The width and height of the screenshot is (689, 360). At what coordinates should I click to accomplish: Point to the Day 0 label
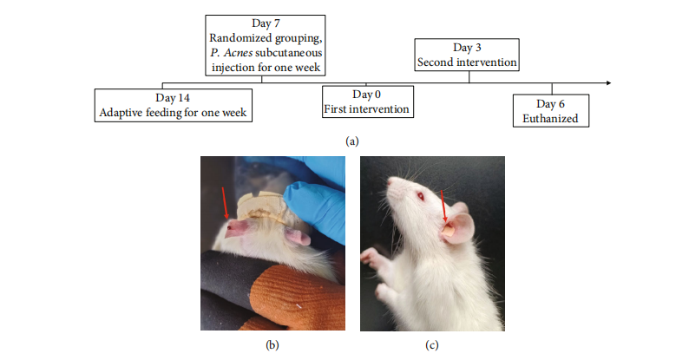click(x=366, y=95)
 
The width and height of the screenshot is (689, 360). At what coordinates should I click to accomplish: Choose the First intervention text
click(x=366, y=109)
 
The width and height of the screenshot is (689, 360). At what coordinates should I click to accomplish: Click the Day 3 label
click(x=468, y=48)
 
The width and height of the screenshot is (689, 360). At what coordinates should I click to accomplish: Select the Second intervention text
click(x=468, y=62)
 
